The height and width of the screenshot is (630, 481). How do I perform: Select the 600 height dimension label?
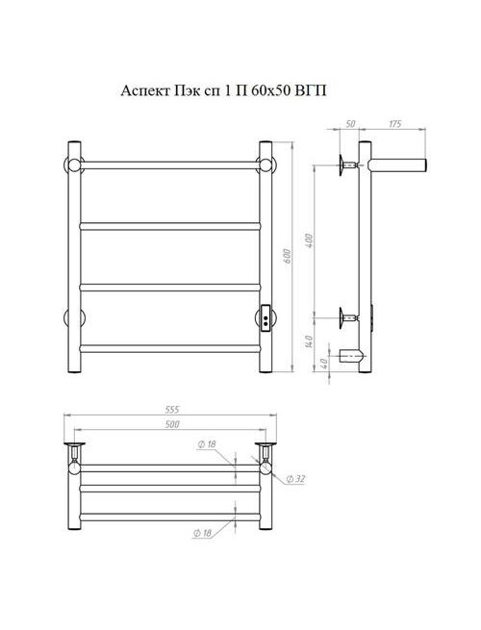[288, 257]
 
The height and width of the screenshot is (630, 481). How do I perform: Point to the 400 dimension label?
[310, 240]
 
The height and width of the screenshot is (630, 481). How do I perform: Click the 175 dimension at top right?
[395, 124]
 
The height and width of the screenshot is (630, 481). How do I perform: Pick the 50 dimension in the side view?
[350, 124]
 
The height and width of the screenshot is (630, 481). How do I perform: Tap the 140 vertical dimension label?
[309, 341]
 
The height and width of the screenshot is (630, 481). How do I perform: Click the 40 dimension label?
[325, 364]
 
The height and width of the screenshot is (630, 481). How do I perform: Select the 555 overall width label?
[172, 410]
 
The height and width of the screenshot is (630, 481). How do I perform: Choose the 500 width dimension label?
[172, 424]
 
